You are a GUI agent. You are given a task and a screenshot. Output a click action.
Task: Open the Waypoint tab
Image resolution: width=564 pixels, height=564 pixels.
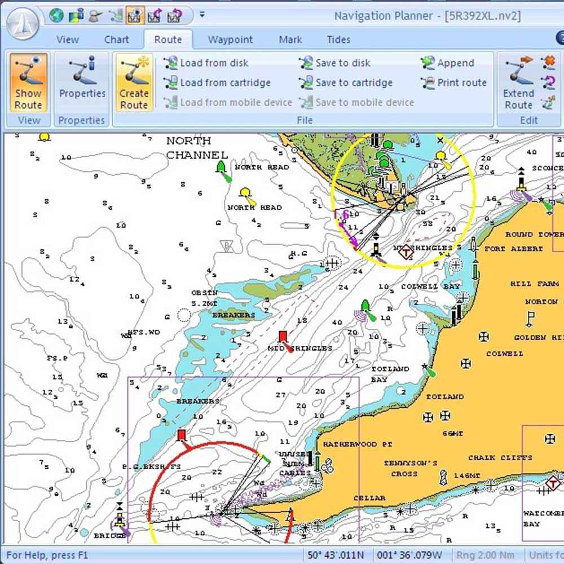click(230, 39)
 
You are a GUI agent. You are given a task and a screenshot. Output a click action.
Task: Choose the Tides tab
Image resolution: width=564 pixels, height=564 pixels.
click(338, 39)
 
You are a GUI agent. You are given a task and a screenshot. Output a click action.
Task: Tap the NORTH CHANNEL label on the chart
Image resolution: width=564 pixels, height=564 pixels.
click(196, 148)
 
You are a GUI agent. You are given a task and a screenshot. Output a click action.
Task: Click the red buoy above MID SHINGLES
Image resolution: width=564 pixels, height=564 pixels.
click(283, 337)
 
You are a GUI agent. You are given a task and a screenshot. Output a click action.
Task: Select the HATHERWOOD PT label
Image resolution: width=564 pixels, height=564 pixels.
click(358, 444)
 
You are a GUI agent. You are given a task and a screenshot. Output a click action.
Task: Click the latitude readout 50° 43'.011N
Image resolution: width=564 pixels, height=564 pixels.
click(336, 556)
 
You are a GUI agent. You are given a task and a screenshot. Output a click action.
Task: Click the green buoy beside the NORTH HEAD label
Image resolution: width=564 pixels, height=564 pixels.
click(221, 167)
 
